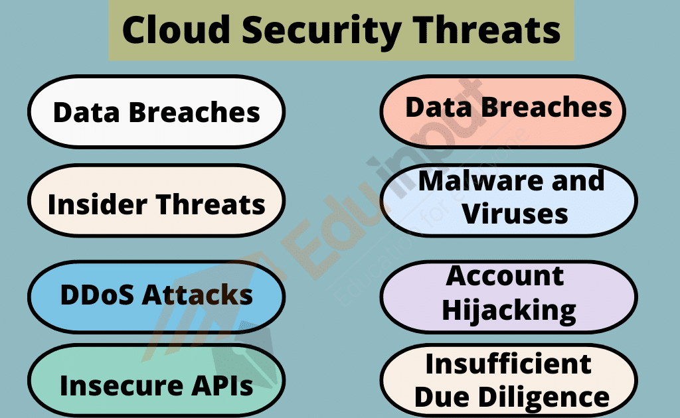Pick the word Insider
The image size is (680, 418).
[96, 204]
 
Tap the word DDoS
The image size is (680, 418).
[96, 295]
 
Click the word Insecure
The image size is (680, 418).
[113, 385]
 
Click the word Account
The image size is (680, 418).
[505, 275]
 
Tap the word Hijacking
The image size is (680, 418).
[509, 309]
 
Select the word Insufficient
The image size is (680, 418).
[509, 364]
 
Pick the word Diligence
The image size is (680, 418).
[548, 397]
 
